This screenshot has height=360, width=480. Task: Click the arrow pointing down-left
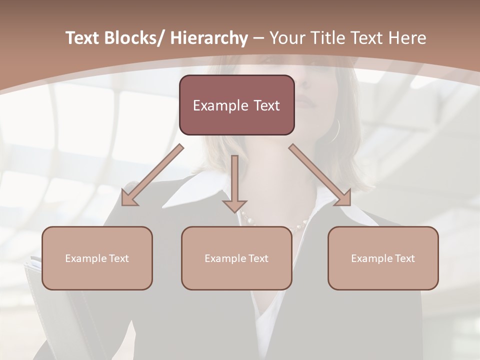(x=152, y=175)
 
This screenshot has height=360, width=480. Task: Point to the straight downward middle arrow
(x=234, y=182)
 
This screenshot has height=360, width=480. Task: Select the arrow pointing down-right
(x=320, y=175)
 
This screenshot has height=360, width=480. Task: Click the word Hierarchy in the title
(x=208, y=38)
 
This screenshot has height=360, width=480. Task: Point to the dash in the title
(x=258, y=38)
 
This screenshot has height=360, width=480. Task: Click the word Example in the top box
(x=219, y=106)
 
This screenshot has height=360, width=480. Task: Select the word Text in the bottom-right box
(x=405, y=258)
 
